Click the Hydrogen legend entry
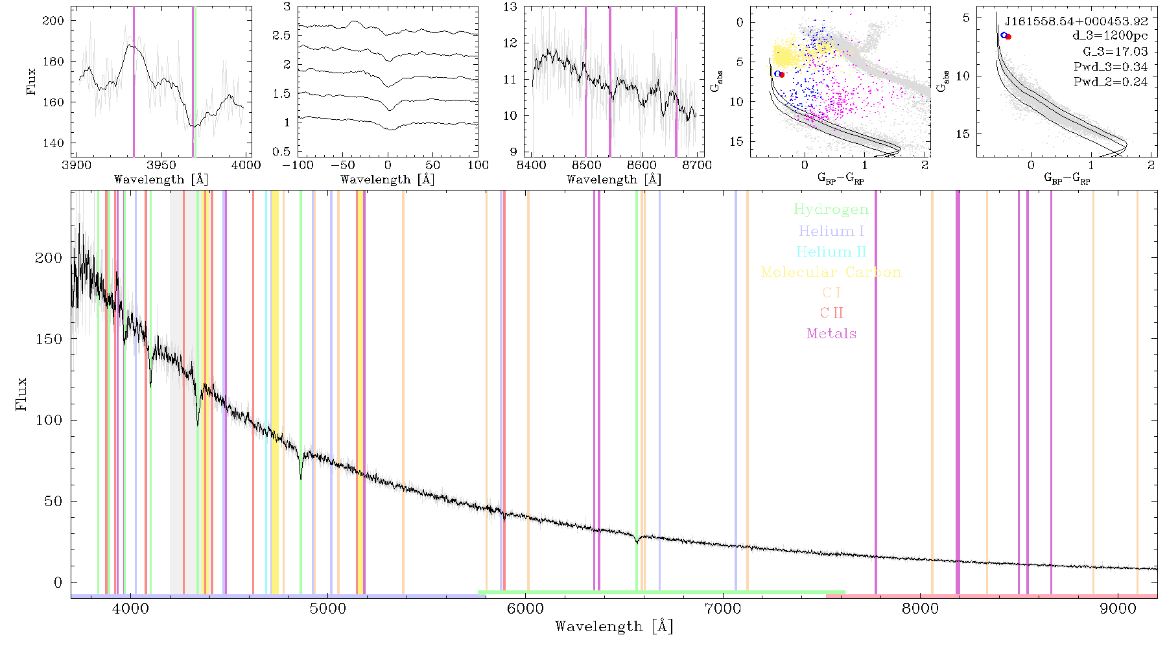coord(831,210)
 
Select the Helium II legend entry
coord(831,251)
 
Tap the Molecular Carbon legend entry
coord(831,272)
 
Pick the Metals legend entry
coord(831,334)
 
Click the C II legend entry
coord(831,313)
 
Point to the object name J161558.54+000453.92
coord(1076,21)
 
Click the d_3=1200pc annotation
coord(1109,36)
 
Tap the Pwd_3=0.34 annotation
coord(1111,67)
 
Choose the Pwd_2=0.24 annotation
coord(1111,82)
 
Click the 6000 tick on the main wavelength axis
coord(525,608)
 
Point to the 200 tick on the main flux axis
coord(49,258)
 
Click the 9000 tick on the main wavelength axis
coord(1118,608)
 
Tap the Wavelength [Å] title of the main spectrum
coord(614,627)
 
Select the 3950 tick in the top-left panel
coord(161,165)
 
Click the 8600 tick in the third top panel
coord(642,165)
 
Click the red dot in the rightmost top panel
coord(1008,36)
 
